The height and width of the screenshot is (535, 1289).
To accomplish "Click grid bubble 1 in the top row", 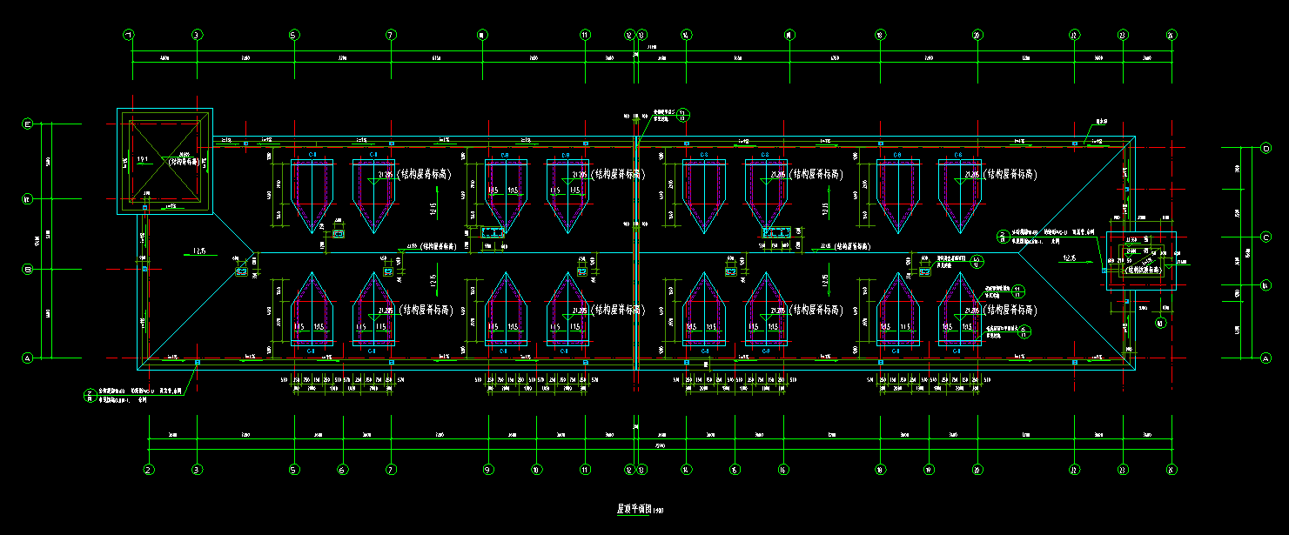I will click(x=130, y=36).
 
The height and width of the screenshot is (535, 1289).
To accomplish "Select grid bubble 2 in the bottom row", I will click(x=149, y=470).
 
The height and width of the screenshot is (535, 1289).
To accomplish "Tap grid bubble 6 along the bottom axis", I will click(x=342, y=470).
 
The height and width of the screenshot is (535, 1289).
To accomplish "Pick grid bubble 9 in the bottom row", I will click(x=487, y=470).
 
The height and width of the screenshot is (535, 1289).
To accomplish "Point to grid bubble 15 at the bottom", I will click(x=735, y=470).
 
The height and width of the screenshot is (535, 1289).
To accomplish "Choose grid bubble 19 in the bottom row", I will click(x=929, y=470).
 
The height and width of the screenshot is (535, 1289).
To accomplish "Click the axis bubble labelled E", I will click(x=27, y=124).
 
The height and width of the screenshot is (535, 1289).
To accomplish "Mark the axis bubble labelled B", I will click(x=27, y=269).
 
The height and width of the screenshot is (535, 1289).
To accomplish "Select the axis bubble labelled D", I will click(x=1266, y=148).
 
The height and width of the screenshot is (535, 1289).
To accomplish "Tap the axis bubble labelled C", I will click(x=1266, y=236).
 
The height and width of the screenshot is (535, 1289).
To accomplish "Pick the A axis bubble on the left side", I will click(x=27, y=358).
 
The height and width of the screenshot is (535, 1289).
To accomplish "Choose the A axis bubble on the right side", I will click(x=1266, y=358).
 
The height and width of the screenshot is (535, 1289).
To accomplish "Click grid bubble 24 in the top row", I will click(x=1171, y=36).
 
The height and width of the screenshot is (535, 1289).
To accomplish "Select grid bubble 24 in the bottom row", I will click(x=1171, y=470).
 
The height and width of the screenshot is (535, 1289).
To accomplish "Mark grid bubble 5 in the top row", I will click(x=293, y=36).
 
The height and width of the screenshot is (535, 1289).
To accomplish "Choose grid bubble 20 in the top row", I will click(x=977, y=36).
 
